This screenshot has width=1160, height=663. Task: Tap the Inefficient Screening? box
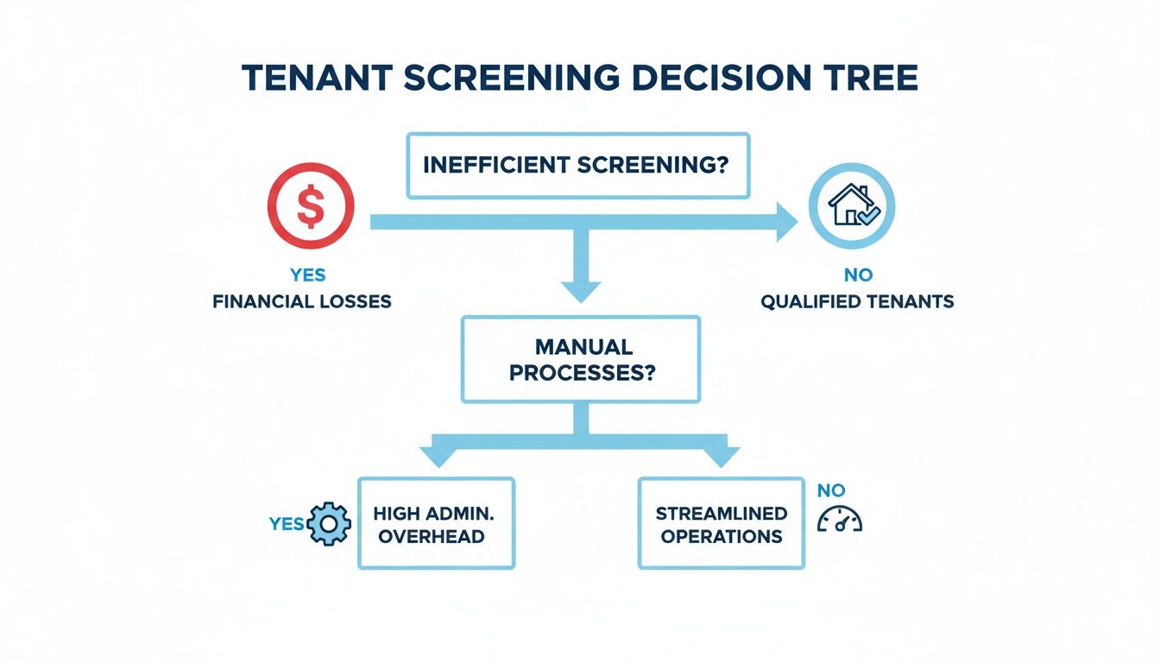coord(578,165)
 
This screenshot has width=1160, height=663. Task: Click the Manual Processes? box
coord(581,359)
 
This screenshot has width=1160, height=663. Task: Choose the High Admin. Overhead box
coord(436,523)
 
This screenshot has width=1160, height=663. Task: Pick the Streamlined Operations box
coord(721,523)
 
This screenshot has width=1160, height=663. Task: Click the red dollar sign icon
coord(310,205)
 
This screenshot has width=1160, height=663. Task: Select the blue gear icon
coord(330,523)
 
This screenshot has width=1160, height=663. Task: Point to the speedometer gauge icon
coord(838,520)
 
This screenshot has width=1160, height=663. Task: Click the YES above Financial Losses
coord(308,275)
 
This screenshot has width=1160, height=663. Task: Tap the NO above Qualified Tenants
coord(858,275)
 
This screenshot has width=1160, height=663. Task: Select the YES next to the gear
coord(287,524)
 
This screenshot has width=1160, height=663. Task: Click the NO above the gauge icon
coord(831,490)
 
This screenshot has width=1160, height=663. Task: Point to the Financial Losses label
coord(302,302)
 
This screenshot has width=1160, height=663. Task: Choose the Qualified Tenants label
coord(857,302)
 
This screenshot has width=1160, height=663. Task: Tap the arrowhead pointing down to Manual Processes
coord(580,289)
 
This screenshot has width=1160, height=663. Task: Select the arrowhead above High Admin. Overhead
coord(435,456)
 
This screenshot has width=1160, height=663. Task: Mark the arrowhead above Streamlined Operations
coord(722,456)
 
